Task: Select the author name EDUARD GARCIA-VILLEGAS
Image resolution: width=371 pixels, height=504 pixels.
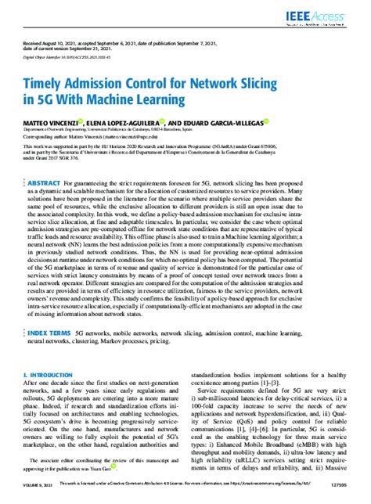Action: click(221, 122)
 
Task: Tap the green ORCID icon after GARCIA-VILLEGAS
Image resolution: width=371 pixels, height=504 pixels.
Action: click(267, 121)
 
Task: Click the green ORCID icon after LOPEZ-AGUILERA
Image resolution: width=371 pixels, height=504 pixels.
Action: click(162, 121)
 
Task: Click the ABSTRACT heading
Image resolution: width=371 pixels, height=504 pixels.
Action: click(53, 182)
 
